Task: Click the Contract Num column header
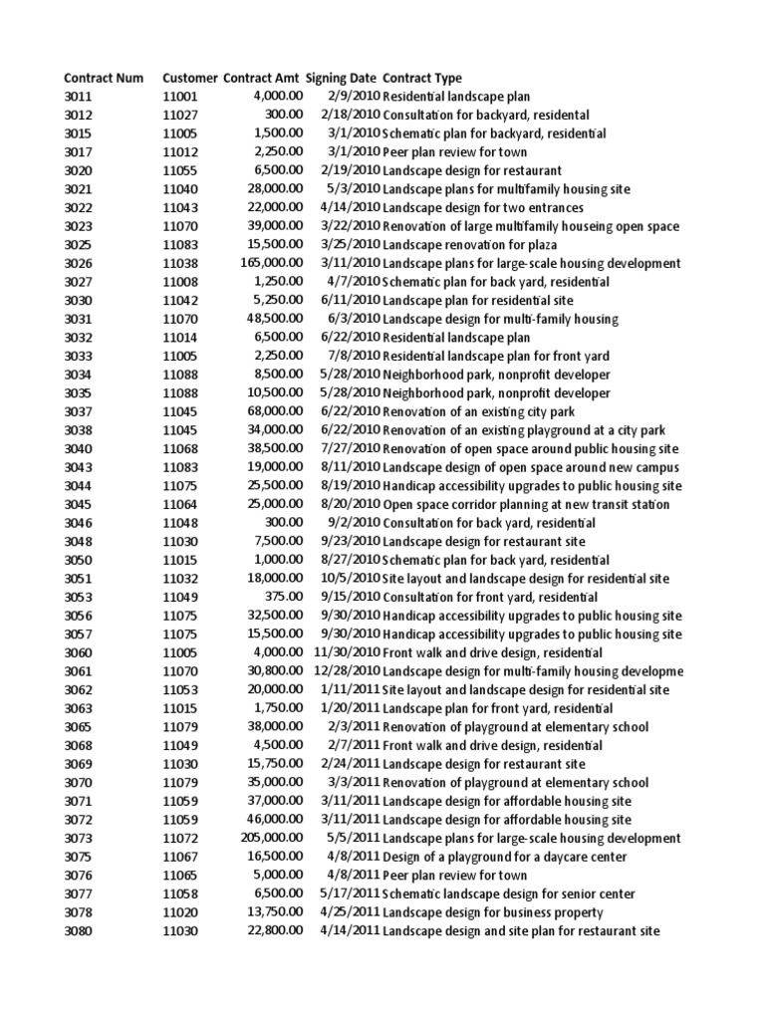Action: coord(104,78)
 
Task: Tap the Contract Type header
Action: coord(422,78)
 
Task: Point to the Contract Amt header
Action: coord(262,78)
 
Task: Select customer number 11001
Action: coord(180,97)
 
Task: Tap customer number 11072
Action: coord(180,838)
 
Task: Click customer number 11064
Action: coord(180,504)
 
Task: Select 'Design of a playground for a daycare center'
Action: coord(505,857)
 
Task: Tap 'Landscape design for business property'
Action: coord(493,912)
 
